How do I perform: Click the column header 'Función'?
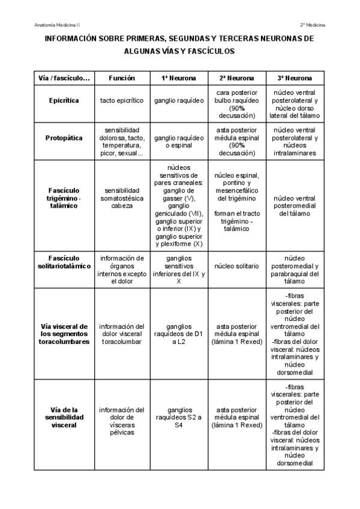[x=122, y=78]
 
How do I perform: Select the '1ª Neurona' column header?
[x=178, y=78]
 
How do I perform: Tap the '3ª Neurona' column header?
[x=295, y=78]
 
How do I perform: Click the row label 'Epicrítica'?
[x=64, y=100]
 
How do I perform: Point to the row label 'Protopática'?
[x=64, y=138]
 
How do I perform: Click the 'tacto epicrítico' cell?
[x=122, y=100]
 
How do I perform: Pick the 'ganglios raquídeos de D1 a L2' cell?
[x=178, y=334]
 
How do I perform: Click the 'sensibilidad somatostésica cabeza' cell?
[x=122, y=197]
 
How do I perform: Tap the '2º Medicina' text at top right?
[x=313, y=25]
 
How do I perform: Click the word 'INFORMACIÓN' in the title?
[x=70, y=39]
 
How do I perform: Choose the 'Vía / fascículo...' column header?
[x=64, y=78]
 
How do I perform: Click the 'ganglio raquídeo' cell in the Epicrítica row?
[x=178, y=100]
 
